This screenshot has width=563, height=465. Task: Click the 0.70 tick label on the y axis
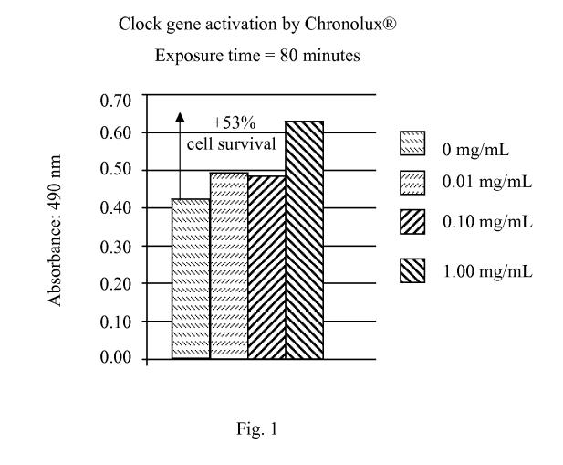click(x=115, y=98)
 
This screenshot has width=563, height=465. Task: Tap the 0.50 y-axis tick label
click(x=115, y=171)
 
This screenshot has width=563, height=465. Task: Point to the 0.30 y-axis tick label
click(x=115, y=246)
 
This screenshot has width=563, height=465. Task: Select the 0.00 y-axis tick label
click(x=115, y=358)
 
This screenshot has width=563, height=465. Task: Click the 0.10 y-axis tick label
click(x=115, y=321)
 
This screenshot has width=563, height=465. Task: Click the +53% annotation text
click(x=231, y=125)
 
